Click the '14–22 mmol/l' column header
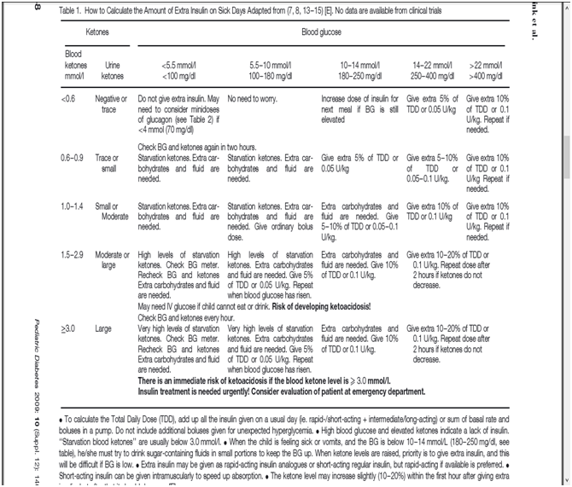433,69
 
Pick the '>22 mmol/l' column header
491,69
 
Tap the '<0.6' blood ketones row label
69,99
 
